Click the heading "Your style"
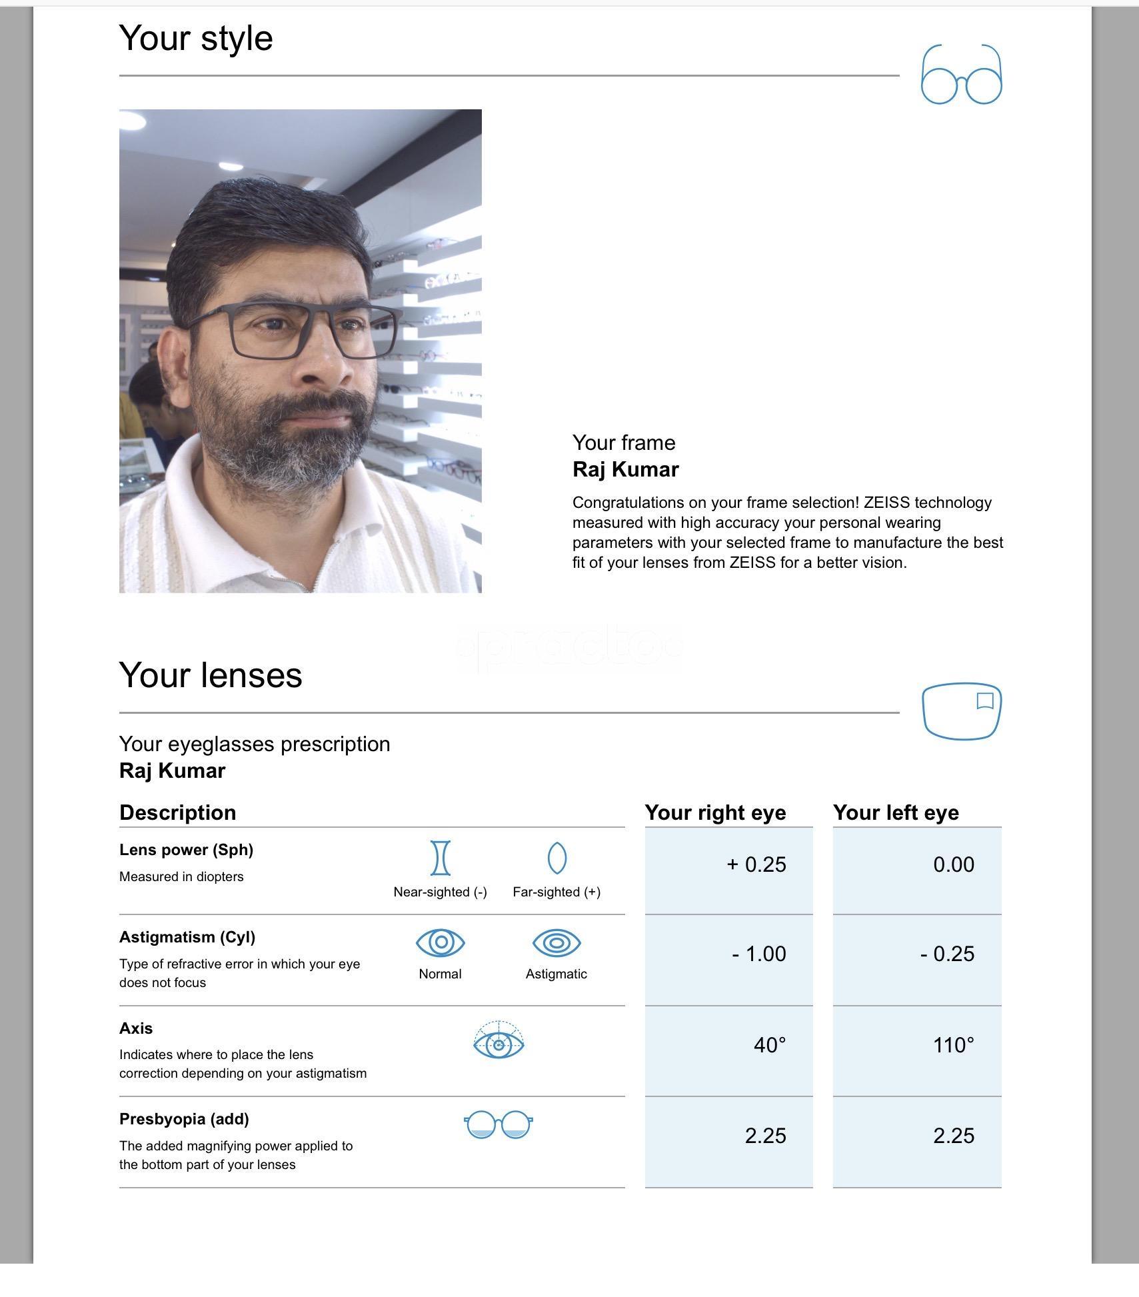(196, 38)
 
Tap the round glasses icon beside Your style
(961, 75)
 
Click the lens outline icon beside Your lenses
(961, 710)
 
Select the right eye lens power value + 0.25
(756, 864)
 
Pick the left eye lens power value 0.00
(953, 864)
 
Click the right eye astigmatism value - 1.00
(759, 954)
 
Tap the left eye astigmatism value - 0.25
(947, 954)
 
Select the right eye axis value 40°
(770, 1045)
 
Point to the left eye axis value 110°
(953, 1045)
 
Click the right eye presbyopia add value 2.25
(765, 1136)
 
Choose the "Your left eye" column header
(896, 812)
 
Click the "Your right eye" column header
(715, 812)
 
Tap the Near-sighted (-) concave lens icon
(441, 858)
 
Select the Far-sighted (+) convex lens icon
(557, 858)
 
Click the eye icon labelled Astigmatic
(557, 942)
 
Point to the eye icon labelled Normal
(440, 942)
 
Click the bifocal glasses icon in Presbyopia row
(498, 1125)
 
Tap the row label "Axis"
(136, 1028)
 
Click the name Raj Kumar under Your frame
(625, 469)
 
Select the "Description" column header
(177, 812)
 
